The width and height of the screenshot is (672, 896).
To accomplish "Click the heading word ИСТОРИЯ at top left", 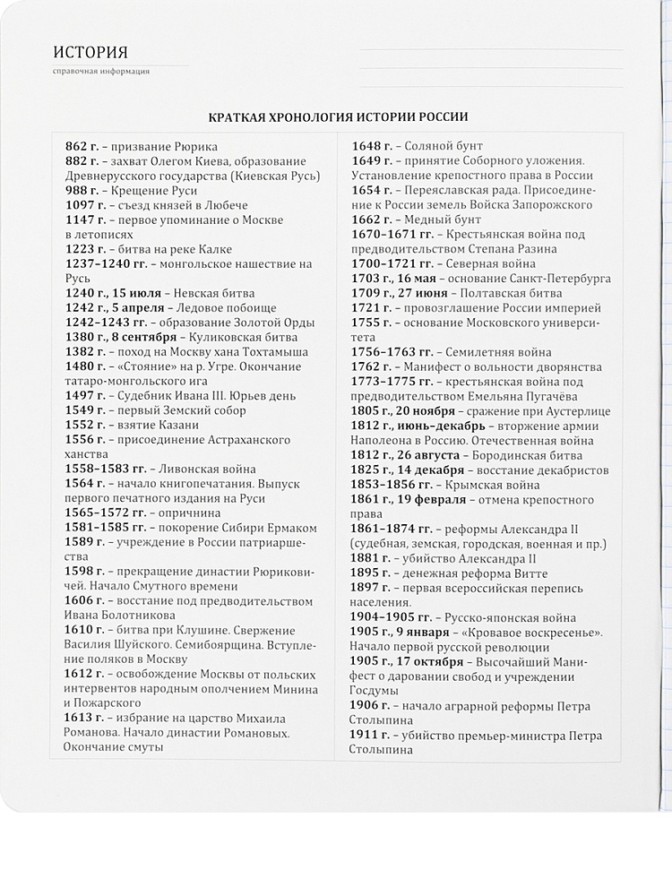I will (x=90, y=52).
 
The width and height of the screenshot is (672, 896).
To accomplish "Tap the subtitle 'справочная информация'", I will (x=101, y=72).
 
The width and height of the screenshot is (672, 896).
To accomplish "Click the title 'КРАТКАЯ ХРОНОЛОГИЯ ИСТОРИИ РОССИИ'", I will (x=338, y=118).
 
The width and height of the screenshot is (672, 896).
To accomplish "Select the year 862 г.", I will (x=82, y=146).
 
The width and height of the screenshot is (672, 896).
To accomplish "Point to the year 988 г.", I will (x=82, y=191).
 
